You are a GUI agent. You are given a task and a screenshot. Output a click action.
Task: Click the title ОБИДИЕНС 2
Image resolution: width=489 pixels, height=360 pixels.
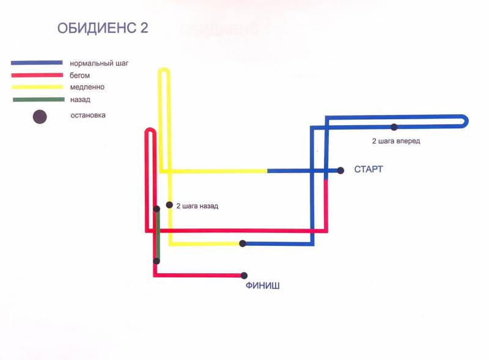tap(103, 28)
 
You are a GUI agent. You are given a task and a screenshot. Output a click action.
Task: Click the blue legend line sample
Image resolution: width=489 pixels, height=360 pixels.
tap(37, 63)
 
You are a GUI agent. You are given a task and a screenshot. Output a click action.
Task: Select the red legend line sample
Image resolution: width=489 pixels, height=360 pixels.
tap(37, 75)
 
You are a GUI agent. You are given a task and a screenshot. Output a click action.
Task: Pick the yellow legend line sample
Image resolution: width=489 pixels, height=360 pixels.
tap(37, 87)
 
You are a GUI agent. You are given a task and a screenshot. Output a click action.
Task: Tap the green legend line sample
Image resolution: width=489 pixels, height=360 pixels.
tap(39, 100)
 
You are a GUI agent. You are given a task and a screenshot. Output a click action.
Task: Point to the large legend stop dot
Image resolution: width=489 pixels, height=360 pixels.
tap(40, 117)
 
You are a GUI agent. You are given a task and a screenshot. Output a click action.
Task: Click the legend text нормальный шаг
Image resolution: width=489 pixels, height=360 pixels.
tap(99, 64)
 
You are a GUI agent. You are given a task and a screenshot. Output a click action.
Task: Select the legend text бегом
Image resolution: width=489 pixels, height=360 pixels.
tap(79, 76)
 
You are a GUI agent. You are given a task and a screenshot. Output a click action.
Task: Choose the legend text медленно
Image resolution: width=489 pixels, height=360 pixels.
tap(87, 87)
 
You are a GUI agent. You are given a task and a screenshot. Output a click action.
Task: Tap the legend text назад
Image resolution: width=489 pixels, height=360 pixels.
tap(80, 100)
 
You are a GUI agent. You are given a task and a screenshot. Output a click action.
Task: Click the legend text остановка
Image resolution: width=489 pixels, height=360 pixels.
tap(88, 115)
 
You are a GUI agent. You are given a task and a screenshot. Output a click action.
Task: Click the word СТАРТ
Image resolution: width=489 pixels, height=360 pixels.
tap(369, 169)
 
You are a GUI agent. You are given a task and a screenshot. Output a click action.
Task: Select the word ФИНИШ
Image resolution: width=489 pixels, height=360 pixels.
tap(263, 285)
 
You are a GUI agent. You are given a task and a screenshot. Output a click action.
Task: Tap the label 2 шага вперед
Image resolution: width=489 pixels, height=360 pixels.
tap(396, 141)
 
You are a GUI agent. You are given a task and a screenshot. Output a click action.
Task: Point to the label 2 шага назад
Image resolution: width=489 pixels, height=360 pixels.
tap(197, 206)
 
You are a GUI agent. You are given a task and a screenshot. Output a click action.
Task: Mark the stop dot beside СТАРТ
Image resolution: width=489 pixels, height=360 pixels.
tap(340, 171)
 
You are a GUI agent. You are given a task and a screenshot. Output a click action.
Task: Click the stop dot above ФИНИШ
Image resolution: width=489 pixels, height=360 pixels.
tap(244, 276)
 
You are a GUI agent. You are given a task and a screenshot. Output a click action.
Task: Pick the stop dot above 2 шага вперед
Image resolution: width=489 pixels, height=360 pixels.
tap(394, 127)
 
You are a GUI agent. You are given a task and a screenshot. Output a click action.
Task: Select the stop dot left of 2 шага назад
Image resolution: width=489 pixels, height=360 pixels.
tap(169, 205)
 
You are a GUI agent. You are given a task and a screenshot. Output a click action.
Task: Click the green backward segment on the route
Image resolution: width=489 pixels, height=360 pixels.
tap(158, 235)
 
